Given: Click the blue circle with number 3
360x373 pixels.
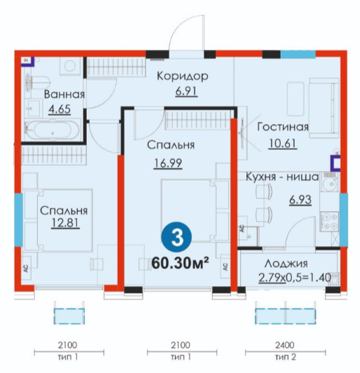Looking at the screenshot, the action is pos(176,238).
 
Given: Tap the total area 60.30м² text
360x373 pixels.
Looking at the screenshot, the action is pos(181,263).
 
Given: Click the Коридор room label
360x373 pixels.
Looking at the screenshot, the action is pos(183,76).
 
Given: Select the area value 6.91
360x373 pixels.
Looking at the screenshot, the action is pos(186,91).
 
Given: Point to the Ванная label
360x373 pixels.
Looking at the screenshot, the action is pos(64,95).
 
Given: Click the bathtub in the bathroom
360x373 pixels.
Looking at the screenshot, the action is pos(53,130).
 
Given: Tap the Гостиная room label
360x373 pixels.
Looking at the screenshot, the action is pos(283,127).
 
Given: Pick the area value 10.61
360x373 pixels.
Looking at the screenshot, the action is pos(282,143).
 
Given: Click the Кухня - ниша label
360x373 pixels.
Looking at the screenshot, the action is pos(282,177).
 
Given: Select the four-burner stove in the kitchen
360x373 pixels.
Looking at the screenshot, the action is pos(329,222).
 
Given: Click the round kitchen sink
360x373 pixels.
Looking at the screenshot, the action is pos(330,184).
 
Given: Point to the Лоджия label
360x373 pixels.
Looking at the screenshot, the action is pos(286,264).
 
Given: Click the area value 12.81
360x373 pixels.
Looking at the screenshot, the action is pos(65,223).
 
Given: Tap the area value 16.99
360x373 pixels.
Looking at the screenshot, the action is pos(168,163).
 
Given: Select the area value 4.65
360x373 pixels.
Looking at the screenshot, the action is pos(60,109).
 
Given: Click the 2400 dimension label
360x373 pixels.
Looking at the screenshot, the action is pos(285,345).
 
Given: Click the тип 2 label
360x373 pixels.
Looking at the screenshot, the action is pos(285,357).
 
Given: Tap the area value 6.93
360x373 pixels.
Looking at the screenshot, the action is pos(300,200).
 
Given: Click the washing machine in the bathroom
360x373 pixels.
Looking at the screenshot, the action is pos(71,66).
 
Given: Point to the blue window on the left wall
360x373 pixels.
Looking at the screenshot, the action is pos(18,220).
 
